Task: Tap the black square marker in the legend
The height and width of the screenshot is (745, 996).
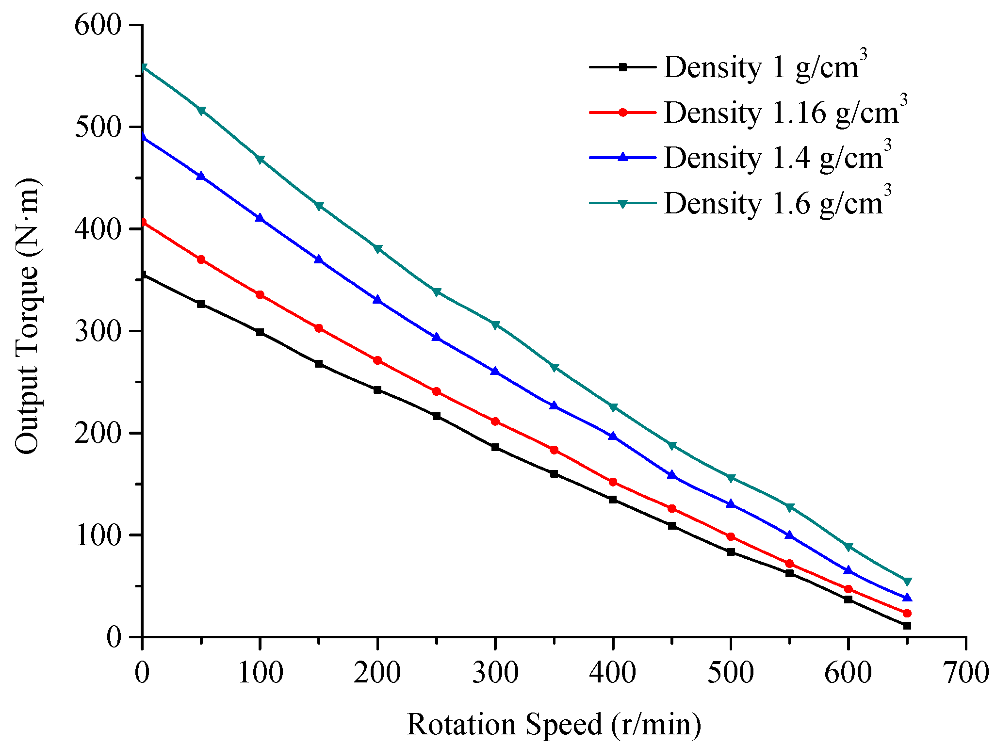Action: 623,67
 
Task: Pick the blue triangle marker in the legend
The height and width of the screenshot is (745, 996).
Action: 623,157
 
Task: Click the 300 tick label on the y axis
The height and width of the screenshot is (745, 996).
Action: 97,331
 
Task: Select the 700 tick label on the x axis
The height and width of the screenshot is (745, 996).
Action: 966,673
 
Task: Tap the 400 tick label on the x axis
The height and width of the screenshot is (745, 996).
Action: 613,673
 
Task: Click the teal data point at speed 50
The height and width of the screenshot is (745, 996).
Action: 201,111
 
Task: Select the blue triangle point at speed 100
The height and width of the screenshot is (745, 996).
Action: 260,218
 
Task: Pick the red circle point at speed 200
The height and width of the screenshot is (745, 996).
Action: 377,360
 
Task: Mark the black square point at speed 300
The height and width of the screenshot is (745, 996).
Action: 495,447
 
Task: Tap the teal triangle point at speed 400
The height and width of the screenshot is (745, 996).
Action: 613,407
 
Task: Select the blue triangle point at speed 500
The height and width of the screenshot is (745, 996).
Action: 731,504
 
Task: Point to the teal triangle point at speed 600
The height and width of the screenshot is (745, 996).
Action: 849,547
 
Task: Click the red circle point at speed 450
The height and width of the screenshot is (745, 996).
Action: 672,508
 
